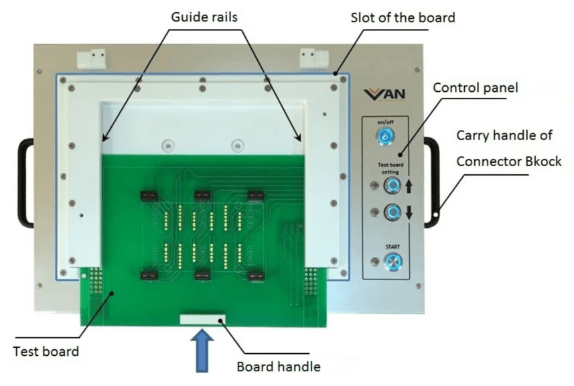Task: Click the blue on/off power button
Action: [x=385, y=137]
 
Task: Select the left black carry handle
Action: [x=24, y=182]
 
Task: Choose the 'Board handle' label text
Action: [x=279, y=367]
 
